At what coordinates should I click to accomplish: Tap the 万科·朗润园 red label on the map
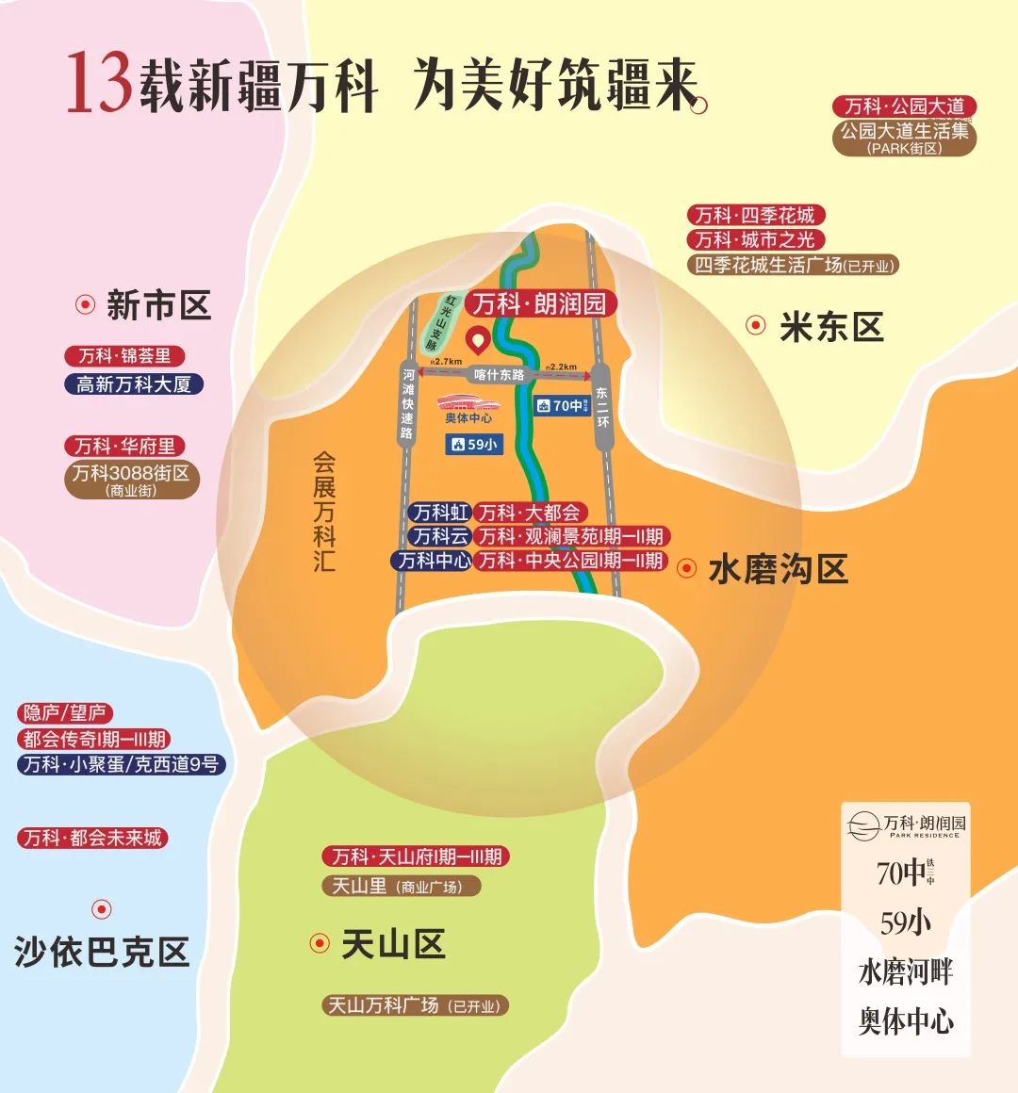point(539,303)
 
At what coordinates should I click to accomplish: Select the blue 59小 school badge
point(474,444)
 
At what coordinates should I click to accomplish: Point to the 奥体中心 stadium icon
point(468,404)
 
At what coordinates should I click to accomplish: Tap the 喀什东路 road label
point(499,374)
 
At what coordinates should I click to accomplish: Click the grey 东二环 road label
point(602,406)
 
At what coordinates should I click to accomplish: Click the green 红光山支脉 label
point(438,322)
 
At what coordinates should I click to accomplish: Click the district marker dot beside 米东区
point(755,325)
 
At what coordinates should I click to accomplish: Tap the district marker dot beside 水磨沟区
point(688,568)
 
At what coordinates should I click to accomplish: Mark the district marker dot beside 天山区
point(320,942)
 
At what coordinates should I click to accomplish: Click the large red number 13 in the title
point(98,83)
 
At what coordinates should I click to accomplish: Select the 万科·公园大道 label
point(904,106)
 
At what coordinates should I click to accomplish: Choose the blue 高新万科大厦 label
point(134,383)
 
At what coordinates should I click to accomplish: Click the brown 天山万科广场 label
point(416,1005)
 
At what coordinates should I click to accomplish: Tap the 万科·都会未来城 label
point(92,838)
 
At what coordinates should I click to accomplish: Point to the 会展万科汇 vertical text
point(324,513)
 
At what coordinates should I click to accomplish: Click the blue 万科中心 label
point(433,561)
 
